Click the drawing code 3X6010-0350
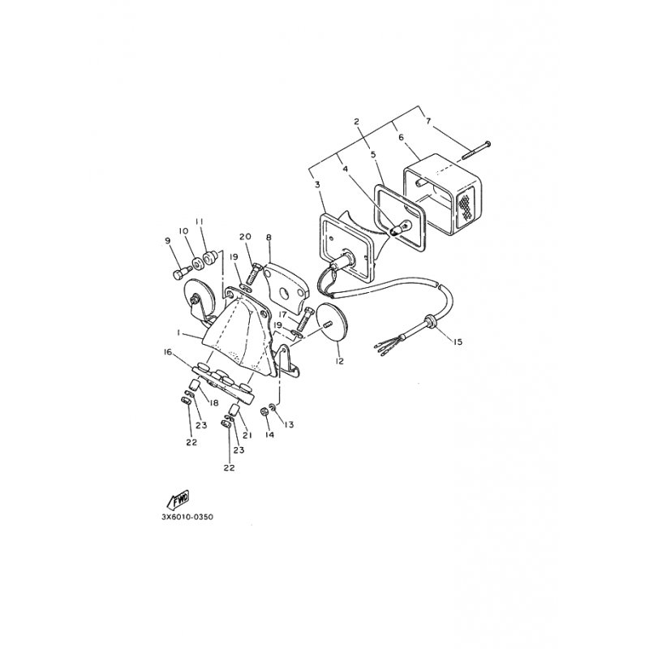click(x=187, y=517)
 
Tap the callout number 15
click(x=458, y=342)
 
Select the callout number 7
click(x=428, y=121)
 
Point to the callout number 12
click(x=340, y=361)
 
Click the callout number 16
click(x=168, y=352)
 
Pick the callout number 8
click(x=269, y=238)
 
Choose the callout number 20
click(x=246, y=236)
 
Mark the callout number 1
click(x=178, y=333)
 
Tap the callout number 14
click(x=270, y=435)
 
